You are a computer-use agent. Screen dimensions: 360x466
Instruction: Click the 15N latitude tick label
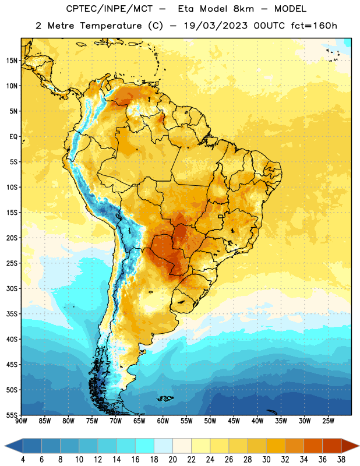click(12, 61)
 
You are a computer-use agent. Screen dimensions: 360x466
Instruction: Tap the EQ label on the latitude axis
click(13, 137)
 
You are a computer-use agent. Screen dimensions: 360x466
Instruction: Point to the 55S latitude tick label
click(12, 415)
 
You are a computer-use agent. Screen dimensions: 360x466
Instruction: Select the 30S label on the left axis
click(12, 288)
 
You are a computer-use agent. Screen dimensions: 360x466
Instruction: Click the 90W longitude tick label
click(21, 421)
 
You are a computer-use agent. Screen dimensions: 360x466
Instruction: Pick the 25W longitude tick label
click(328, 421)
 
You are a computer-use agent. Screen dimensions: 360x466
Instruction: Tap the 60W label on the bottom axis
click(163, 421)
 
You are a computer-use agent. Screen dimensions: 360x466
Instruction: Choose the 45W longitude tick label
click(234, 421)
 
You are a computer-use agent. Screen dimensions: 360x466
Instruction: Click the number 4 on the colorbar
click(23, 460)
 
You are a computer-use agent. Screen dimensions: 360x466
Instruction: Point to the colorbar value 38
click(341, 460)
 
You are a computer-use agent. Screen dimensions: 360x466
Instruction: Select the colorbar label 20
click(172, 460)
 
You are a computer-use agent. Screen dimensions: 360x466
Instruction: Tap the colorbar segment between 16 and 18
click(145, 446)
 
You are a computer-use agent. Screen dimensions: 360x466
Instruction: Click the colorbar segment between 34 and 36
click(313, 446)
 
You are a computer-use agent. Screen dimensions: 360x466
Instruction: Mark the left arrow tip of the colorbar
click(5, 446)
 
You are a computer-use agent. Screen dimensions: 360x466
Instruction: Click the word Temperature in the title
click(111, 26)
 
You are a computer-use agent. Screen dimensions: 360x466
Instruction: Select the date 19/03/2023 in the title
click(216, 26)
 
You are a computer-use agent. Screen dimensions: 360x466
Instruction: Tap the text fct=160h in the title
click(314, 26)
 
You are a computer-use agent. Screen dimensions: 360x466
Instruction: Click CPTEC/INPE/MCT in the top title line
click(109, 9)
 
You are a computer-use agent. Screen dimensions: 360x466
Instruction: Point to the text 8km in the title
click(243, 9)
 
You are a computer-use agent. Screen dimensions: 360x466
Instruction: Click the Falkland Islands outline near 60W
click(165, 398)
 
